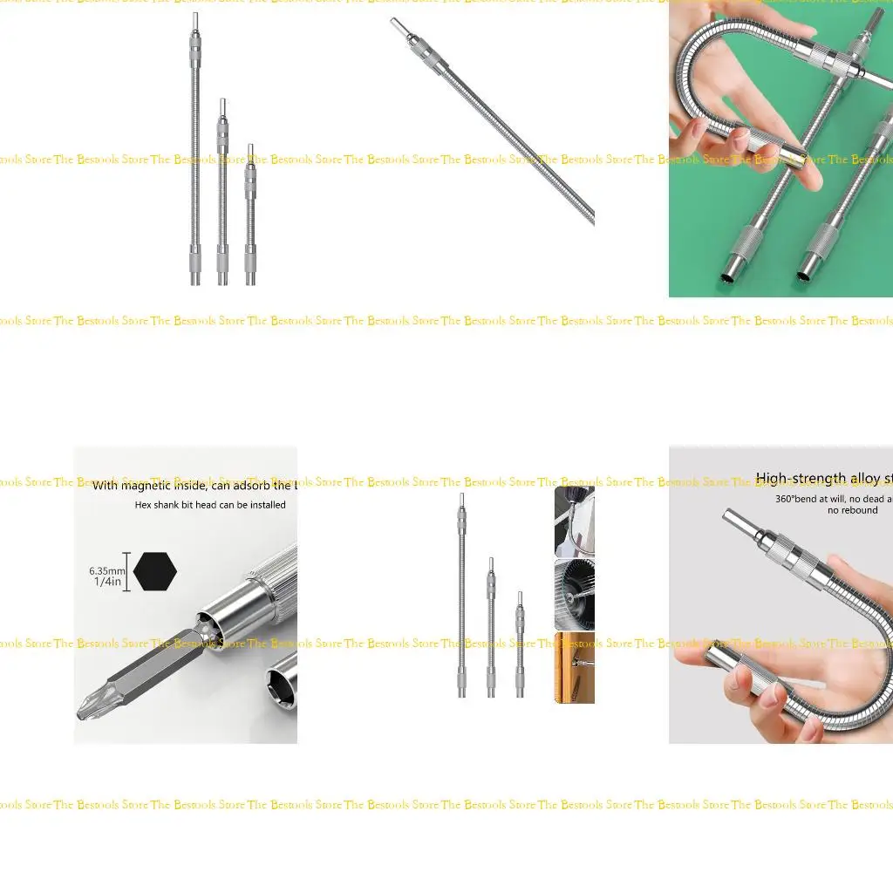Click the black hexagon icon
(x=155, y=571)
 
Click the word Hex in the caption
(x=144, y=505)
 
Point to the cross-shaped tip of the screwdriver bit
(x=86, y=707)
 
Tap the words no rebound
(x=852, y=510)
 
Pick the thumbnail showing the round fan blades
(x=574, y=595)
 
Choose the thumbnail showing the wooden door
(x=574, y=668)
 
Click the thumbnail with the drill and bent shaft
(x=574, y=521)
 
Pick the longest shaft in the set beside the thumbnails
(x=461, y=593)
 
